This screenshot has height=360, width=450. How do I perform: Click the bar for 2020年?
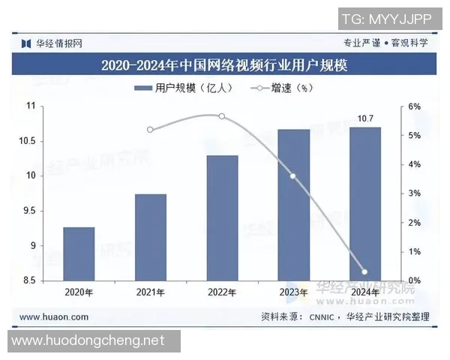79,253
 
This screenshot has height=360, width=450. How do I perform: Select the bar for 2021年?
150,237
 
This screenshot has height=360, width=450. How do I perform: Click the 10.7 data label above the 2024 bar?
365,118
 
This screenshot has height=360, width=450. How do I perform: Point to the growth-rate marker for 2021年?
150,130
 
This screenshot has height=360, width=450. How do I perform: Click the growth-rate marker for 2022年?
221,116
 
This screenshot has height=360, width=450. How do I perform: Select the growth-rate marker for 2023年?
293,176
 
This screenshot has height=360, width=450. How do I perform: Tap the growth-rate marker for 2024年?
365,272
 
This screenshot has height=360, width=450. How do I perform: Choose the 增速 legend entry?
281,88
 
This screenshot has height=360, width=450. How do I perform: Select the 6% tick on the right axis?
415,106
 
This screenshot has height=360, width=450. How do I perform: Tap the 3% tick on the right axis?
415,193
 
